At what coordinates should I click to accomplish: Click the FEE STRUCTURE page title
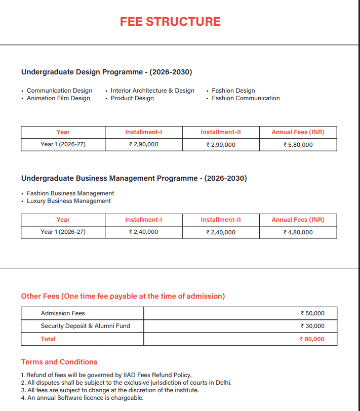(170, 22)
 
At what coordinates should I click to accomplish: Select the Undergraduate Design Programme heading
(106, 72)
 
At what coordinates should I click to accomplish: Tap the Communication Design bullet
(59, 91)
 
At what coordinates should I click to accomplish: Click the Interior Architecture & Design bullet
(152, 91)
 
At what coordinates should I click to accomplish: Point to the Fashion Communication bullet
(246, 98)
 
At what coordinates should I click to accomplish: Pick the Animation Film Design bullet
(58, 98)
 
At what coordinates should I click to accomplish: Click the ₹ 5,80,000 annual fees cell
(298, 145)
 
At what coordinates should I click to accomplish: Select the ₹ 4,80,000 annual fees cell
(298, 232)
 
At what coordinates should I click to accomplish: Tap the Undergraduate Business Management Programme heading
(134, 179)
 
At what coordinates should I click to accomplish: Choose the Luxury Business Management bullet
(68, 201)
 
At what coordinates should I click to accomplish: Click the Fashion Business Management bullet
(70, 193)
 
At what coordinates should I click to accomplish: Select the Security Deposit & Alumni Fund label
(85, 326)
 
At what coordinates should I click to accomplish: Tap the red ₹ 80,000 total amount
(312, 339)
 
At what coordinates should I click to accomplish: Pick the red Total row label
(48, 339)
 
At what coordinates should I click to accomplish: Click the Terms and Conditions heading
(59, 362)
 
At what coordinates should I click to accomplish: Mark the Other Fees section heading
(123, 296)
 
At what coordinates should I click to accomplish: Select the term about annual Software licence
(82, 398)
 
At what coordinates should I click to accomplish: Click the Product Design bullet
(132, 98)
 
